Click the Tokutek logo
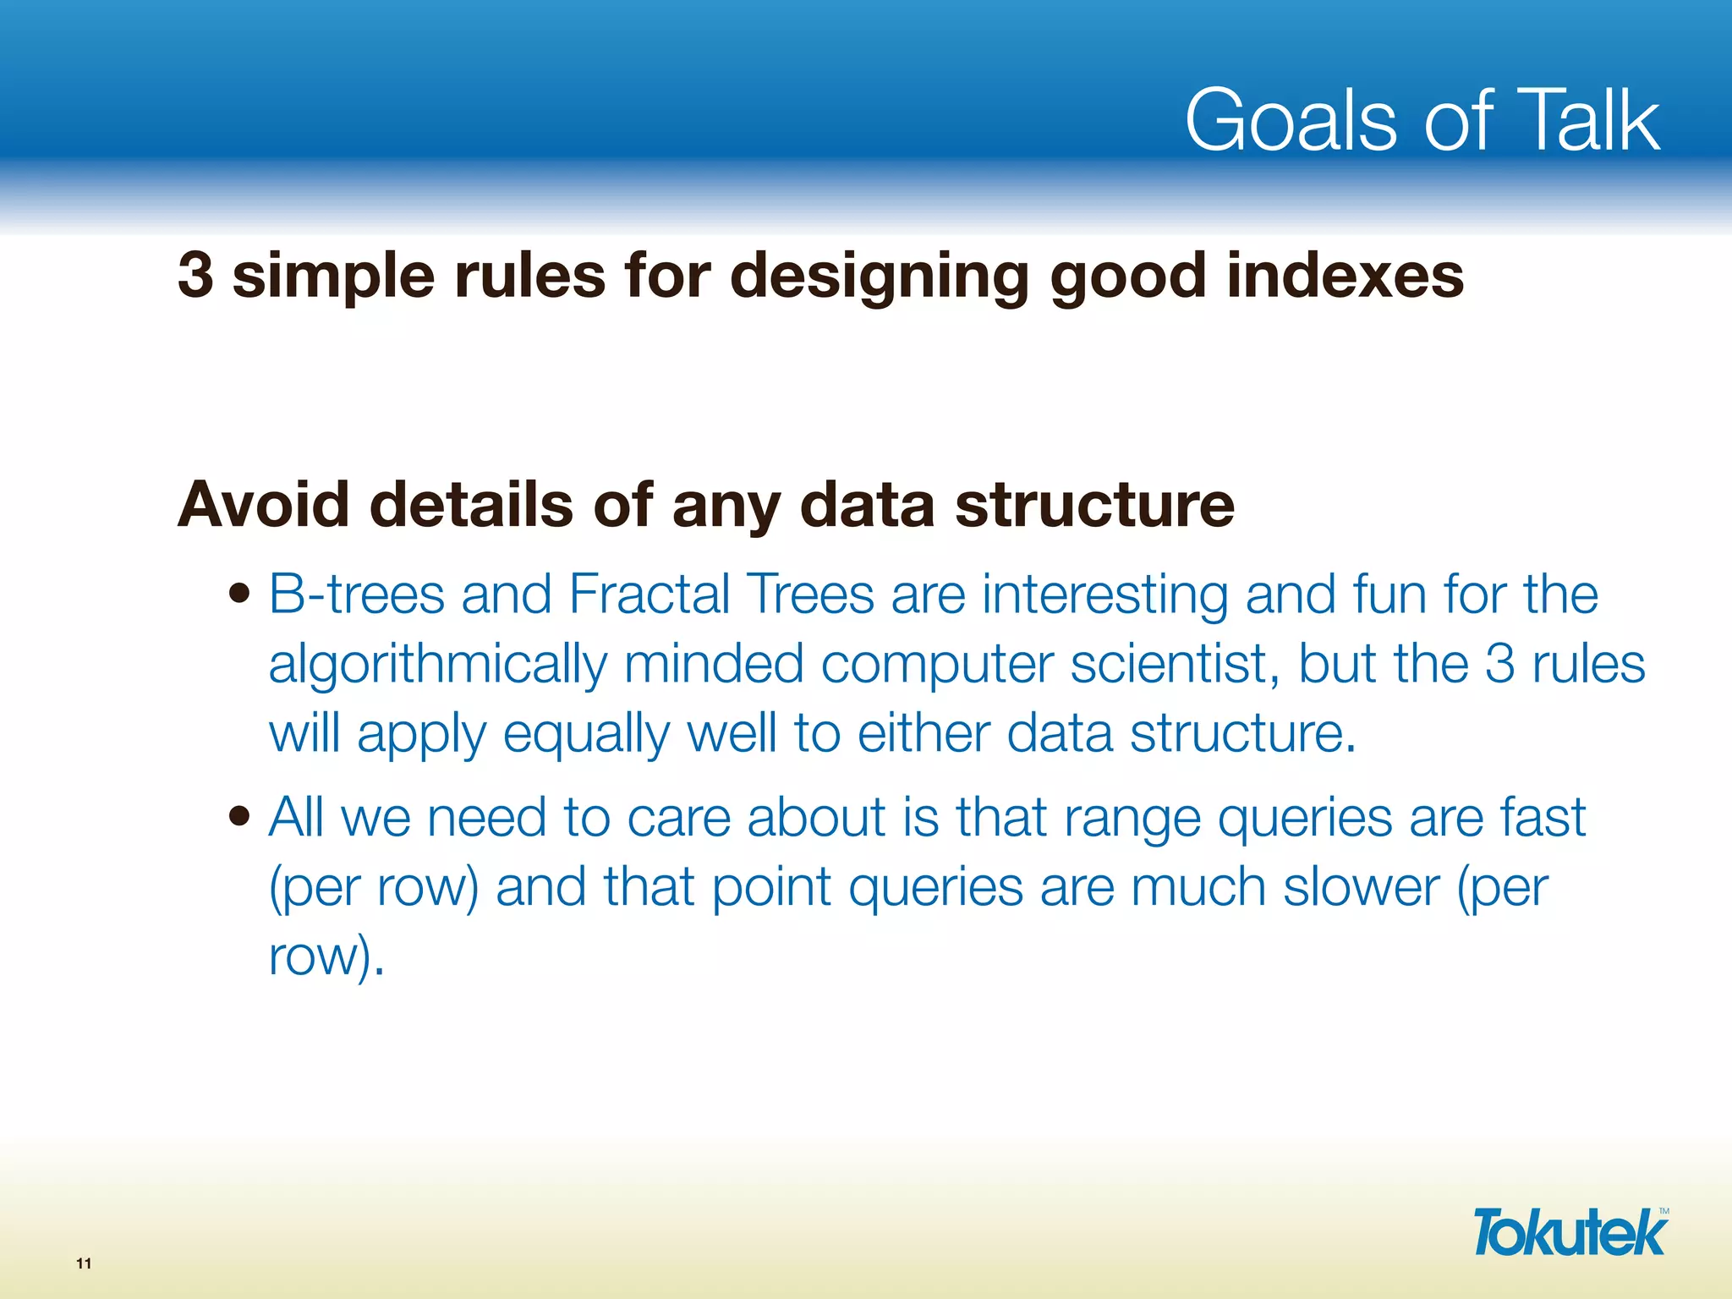(x=1570, y=1233)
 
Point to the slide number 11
(x=84, y=1263)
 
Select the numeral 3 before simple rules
(x=195, y=276)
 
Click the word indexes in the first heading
(x=1345, y=276)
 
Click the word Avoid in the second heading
(x=263, y=505)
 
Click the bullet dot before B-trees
(x=240, y=594)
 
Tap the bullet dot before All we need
(x=240, y=817)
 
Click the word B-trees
(x=356, y=595)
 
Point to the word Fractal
(x=649, y=595)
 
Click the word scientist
(x=1175, y=664)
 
